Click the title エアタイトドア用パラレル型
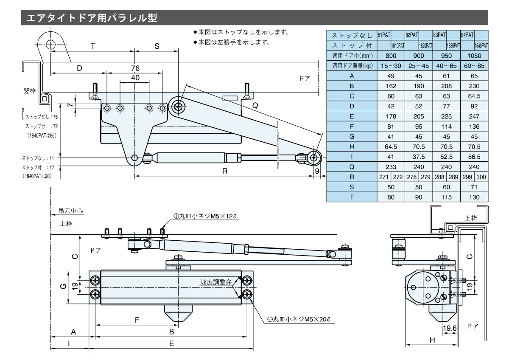92,18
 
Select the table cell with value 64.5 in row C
474,96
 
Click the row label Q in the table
352,167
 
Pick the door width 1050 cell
474,55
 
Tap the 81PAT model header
384,35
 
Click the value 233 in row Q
391,167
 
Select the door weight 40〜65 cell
446,65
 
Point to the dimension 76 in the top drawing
135,68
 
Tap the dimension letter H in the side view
432,340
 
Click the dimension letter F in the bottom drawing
137,320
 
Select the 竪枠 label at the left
30,91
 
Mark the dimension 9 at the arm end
317,171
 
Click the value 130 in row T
474,197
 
